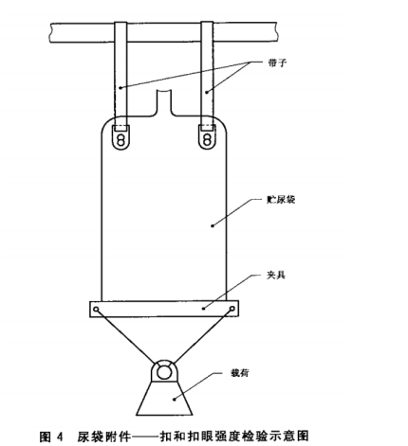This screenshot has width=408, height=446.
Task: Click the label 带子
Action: coord(277,62)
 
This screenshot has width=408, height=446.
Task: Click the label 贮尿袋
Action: coord(281,200)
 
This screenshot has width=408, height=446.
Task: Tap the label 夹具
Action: coord(276,275)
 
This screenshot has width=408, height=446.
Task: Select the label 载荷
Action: coord(240,373)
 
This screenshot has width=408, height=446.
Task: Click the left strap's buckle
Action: coord(121,137)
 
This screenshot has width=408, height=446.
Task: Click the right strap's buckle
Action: coord(207,137)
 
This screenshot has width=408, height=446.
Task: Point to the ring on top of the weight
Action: coord(163,372)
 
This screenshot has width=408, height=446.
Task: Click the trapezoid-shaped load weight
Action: coord(164,399)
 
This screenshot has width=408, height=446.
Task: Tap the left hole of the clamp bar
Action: coord(97,309)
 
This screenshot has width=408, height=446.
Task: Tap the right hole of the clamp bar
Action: coord(232,309)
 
